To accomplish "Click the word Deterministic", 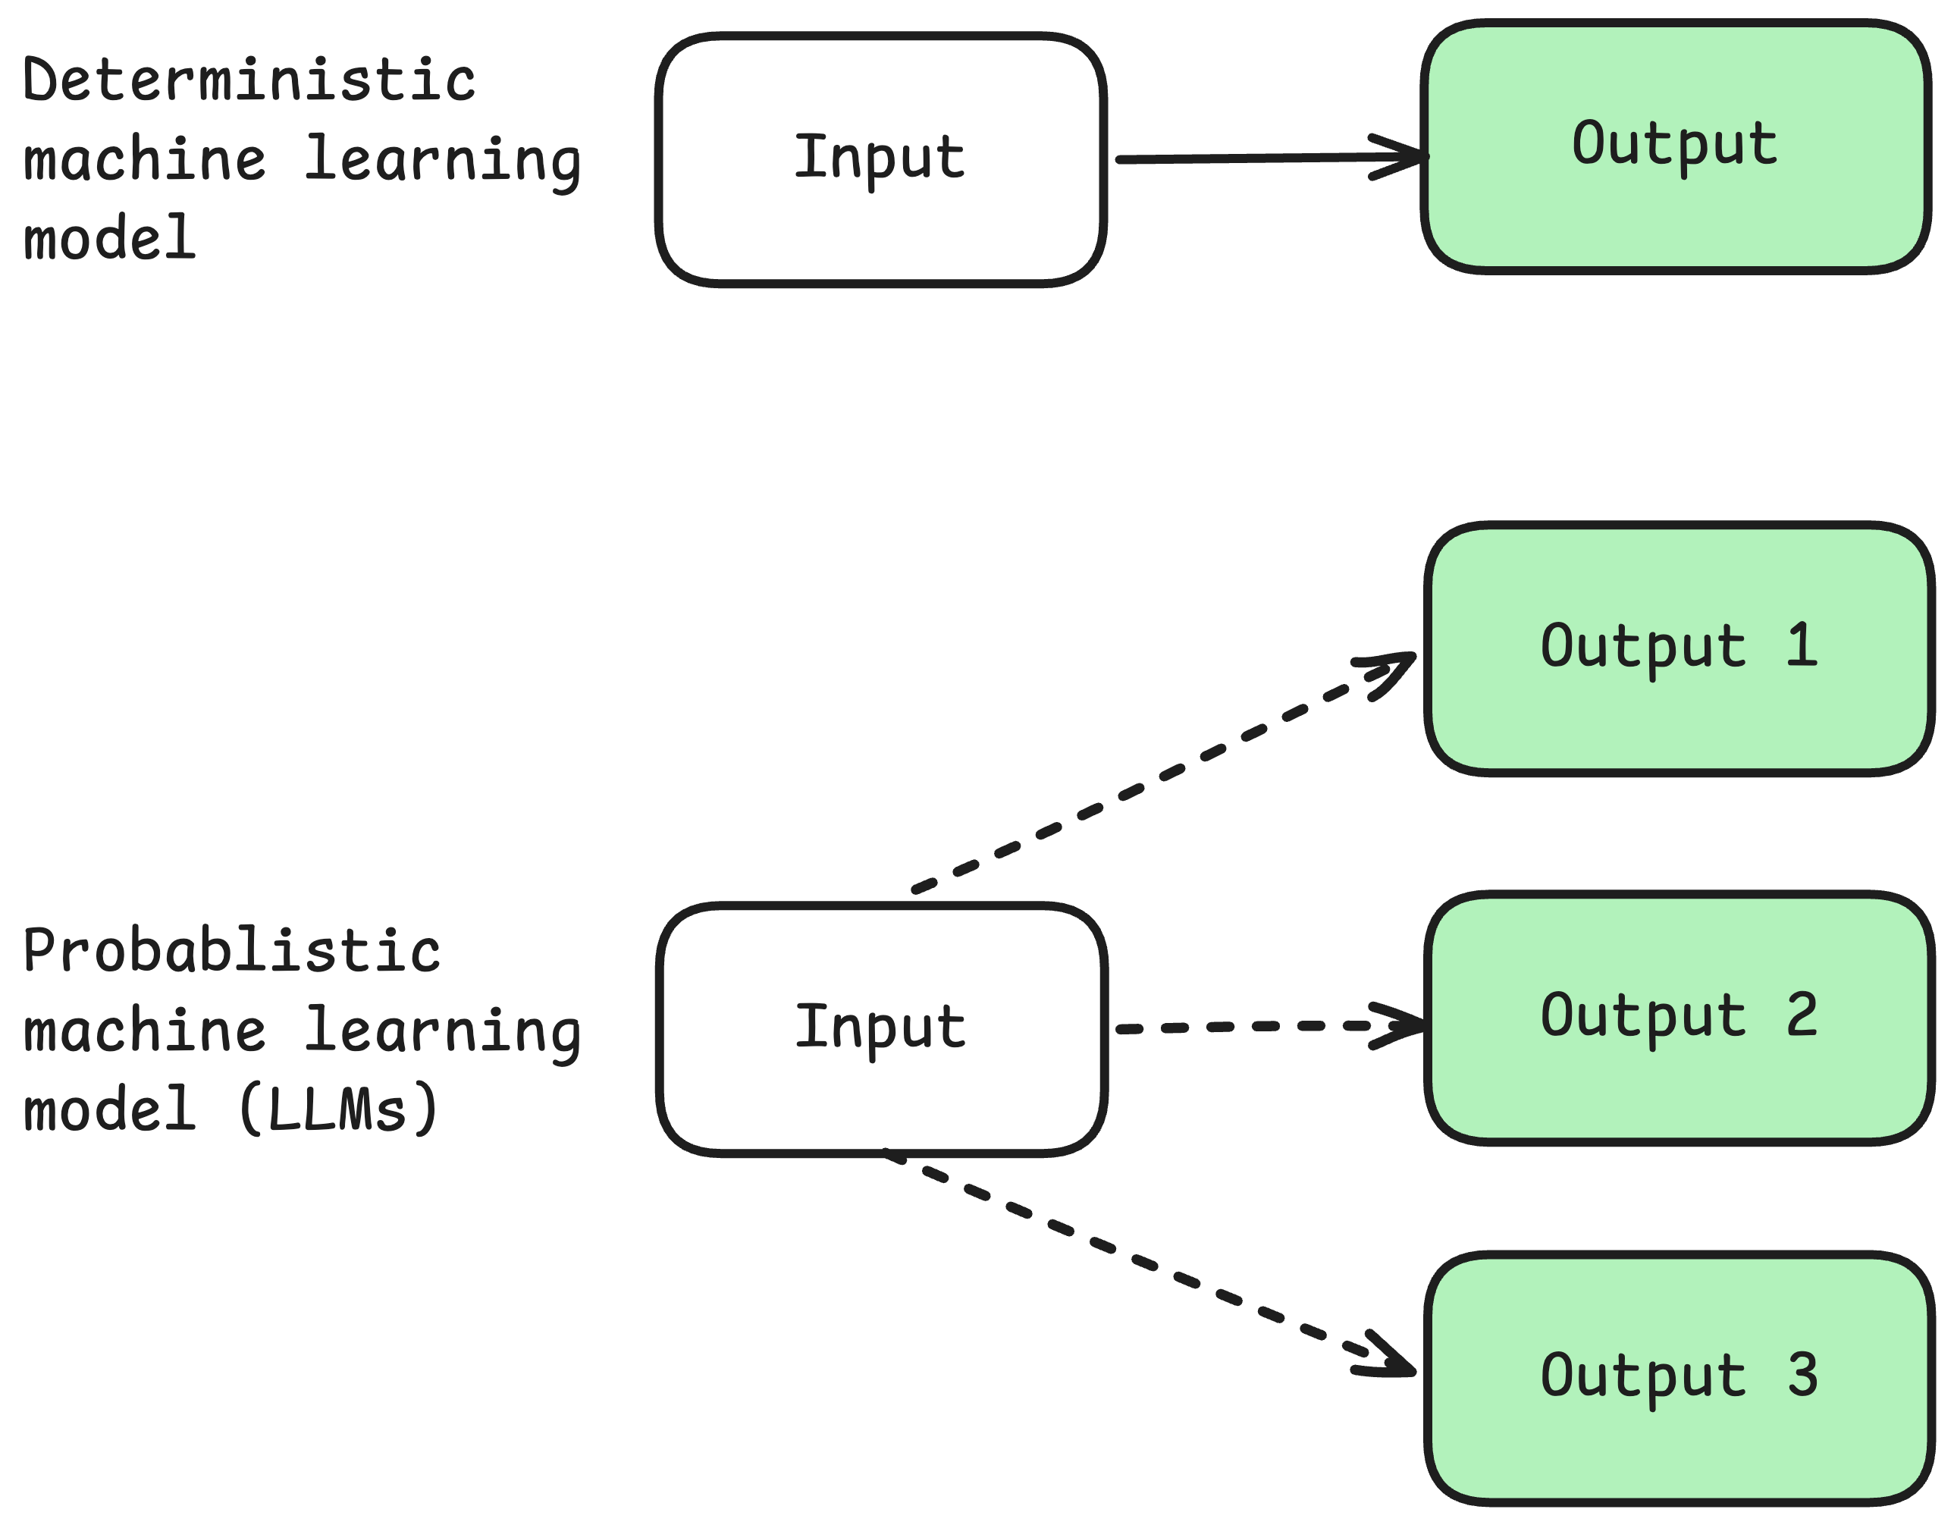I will click(249, 80).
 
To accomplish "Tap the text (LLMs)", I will click(338, 1109).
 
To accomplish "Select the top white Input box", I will click(881, 224).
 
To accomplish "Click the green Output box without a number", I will click(1675, 215).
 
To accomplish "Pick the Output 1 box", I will click(1680, 716).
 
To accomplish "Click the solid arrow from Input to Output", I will click(1253, 158).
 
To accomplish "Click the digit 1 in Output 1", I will click(1802, 645).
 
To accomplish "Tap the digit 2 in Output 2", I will click(1802, 1015).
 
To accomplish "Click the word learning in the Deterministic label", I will click(442, 161).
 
